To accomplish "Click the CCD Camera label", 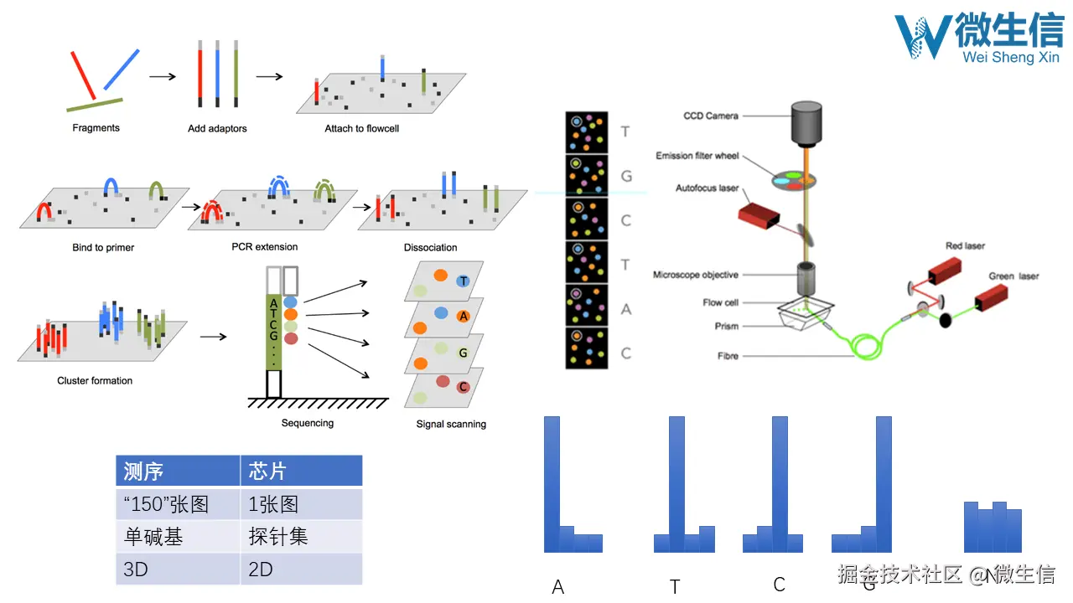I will tap(710, 116).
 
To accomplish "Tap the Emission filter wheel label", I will tap(695, 156).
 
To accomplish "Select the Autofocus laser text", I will tap(708, 188).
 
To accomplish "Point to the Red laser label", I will tap(965, 246).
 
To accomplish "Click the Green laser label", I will tap(1013, 276).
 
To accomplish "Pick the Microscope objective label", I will tap(696, 275).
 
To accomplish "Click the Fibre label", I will tap(728, 356).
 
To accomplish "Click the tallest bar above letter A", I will tap(552, 484).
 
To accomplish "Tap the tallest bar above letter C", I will tap(780, 484).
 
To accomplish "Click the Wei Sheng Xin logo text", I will tap(1011, 57).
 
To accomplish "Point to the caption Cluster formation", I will tap(95, 380).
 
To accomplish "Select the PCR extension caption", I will tap(265, 247).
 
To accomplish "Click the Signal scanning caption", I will tap(451, 424).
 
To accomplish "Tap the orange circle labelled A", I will tap(463, 317).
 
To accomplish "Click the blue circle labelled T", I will tap(463, 281).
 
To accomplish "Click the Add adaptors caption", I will tap(217, 129).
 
